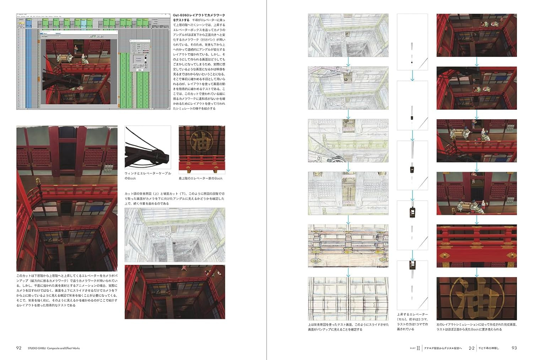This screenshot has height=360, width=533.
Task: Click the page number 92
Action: tap(19, 348)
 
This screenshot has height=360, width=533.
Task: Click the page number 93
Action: tap(514, 348)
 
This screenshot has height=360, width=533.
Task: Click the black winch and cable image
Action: tap(147, 148)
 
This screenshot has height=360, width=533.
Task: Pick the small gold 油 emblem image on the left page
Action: tap(201, 148)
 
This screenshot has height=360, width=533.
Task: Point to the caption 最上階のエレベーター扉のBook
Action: tap(201, 178)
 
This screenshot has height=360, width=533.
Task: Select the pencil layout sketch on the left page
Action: tap(174, 235)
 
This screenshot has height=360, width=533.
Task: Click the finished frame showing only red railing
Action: tap(477, 246)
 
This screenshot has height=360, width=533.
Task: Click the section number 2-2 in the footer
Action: tap(472, 348)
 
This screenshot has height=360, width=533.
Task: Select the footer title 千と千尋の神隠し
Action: tap(489, 348)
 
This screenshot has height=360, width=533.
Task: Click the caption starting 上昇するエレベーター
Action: tap(412, 322)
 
